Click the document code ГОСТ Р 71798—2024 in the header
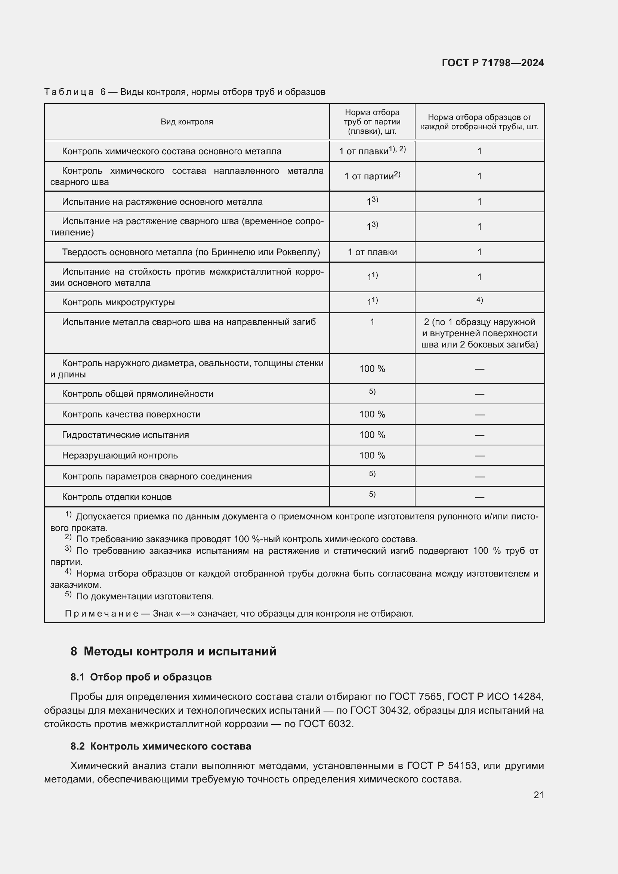pos(493,63)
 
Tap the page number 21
pos(538,795)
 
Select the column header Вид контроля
pos(187,122)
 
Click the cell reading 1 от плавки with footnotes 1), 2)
pos(372,151)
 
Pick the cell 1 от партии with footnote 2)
pos(372,176)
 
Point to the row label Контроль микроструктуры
pos(118,303)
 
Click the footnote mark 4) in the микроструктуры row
pos(479,300)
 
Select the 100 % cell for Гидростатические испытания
pos(372,435)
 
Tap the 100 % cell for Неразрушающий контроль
pos(372,455)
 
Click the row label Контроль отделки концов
pos(117,497)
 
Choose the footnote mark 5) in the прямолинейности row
pos(372,392)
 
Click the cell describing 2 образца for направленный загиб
pos(479,333)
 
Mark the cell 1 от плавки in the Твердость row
pos(372,252)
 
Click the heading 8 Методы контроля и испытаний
pos(173,651)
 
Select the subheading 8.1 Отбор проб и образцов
pos(141,677)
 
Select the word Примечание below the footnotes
pos(102,614)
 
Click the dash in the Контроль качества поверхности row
pos(479,414)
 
